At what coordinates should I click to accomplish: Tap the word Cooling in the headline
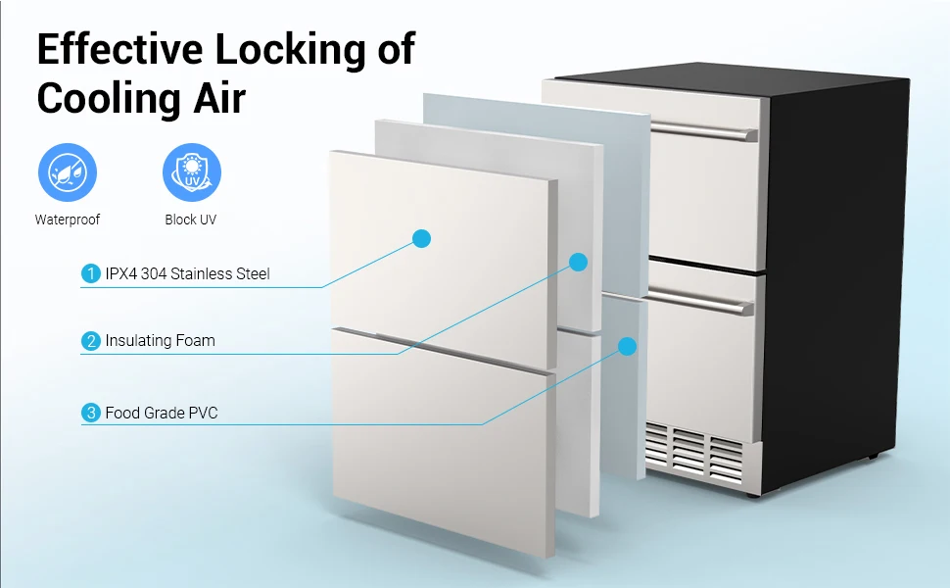pos(107,100)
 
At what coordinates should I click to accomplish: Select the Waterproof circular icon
pos(67,172)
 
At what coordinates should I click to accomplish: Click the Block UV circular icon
pos(191,172)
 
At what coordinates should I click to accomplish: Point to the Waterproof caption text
pos(67,220)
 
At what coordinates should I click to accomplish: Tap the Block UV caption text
pos(191,220)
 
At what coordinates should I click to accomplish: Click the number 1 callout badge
pos(91,274)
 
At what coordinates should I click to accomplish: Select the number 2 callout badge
pos(91,341)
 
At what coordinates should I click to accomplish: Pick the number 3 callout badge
pos(91,413)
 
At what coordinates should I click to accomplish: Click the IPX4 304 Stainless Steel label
pos(187,274)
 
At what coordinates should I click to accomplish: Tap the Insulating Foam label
pos(160,341)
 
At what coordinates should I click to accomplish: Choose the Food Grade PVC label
pos(162,413)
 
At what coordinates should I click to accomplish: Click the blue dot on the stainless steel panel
pos(422,237)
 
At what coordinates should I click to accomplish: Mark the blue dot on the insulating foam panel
pos(578,262)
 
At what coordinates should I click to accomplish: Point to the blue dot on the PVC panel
pos(627,346)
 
